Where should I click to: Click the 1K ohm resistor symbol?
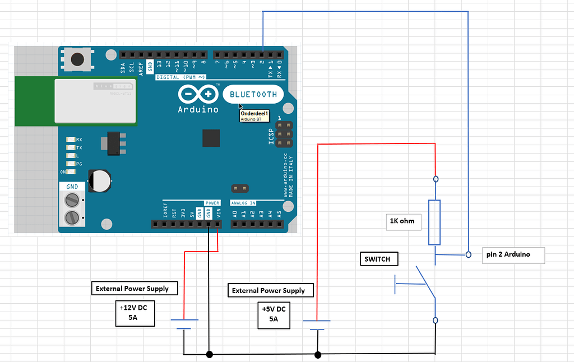click(x=434, y=222)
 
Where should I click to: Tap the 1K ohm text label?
click(x=402, y=221)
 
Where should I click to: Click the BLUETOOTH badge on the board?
click(x=253, y=95)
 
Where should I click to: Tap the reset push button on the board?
click(x=77, y=58)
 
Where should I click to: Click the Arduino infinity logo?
click(x=198, y=94)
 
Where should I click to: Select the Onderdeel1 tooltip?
click(x=255, y=115)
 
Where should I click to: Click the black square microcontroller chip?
click(x=211, y=138)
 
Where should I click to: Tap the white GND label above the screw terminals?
click(x=72, y=186)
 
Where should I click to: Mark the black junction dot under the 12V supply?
click(x=209, y=354)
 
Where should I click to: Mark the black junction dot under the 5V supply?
click(x=318, y=354)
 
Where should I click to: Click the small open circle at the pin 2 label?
click(x=468, y=255)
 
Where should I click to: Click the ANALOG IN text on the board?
click(x=244, y=203)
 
